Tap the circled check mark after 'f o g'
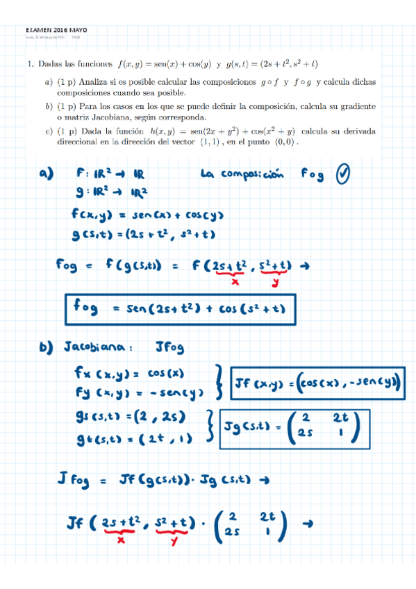pos(343,174)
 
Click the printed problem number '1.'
pos(31,64)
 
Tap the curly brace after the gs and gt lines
pos(210,426)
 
